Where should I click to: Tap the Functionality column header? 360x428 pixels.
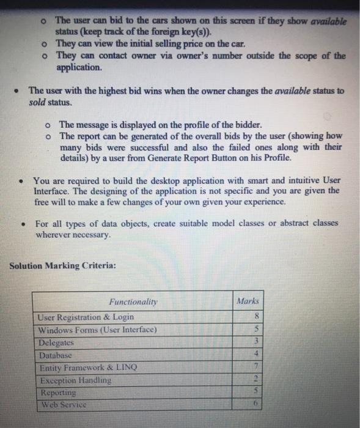tap(133, 301)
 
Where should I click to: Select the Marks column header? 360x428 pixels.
tap(248, 301)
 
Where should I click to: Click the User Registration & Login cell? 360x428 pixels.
tap(86, 317)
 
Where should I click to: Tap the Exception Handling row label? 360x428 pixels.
tap(75, 380)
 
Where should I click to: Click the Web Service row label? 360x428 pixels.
tap(63, 405)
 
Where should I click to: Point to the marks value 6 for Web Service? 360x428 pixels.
tap(257, 405)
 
